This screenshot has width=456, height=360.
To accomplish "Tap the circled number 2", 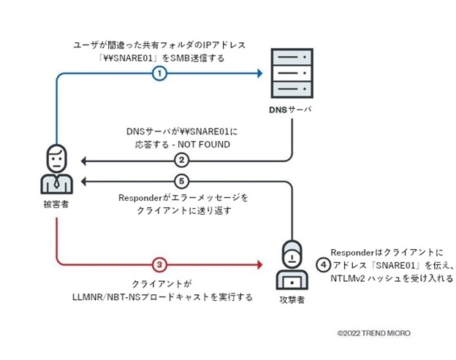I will (182, 160).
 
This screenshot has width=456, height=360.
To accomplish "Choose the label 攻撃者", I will (290, 299).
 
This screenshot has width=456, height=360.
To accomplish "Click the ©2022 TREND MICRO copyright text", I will (373, 333).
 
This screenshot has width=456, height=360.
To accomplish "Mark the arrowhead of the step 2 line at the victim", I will (84, 160).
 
